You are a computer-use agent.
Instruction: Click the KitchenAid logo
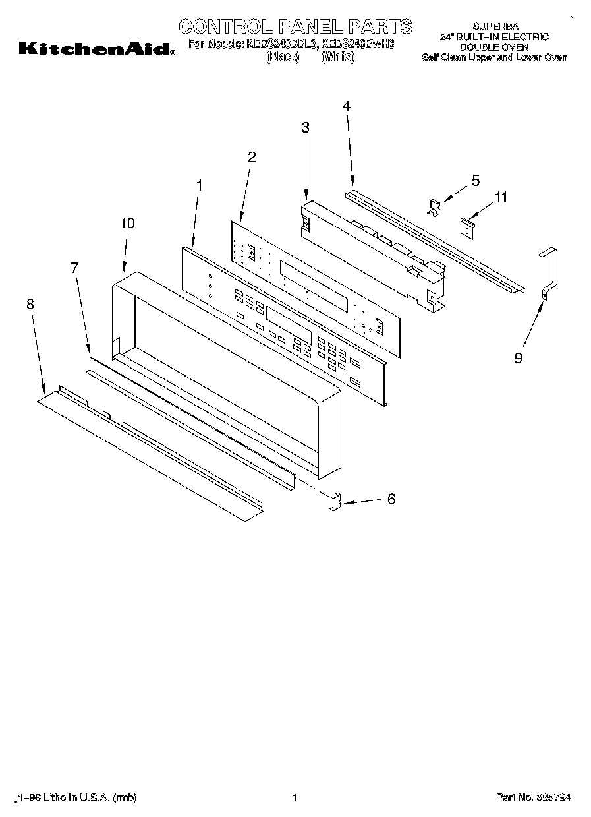click(96, 48)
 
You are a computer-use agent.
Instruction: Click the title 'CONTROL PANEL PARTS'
click(296, 26)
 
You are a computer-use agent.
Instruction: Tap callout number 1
click(200, 186)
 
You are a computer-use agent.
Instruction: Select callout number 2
click(252, 157)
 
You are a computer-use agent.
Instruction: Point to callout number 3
click(305, 128)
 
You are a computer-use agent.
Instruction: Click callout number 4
click(347, 106)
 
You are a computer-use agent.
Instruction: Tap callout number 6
click(391, 500)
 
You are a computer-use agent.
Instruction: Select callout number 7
click(74, 267)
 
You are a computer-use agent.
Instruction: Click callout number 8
click(30, 304)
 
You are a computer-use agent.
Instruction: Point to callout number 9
click(519, 358)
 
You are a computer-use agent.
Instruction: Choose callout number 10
click(127, 223)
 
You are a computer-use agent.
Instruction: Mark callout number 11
click(501, 197)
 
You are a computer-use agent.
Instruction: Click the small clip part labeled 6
click(335, 502)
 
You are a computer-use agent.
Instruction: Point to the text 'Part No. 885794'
click(533, 797)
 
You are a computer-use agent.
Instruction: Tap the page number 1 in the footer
click(295, 797)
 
